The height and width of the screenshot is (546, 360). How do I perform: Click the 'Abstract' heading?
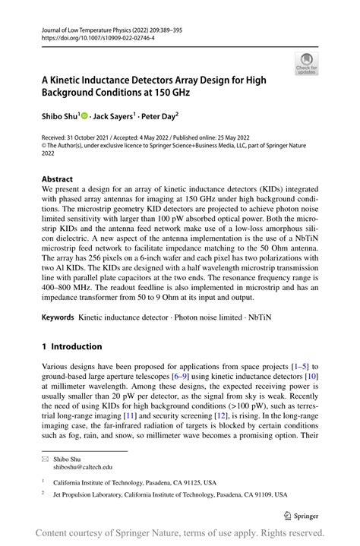tap(58, 180)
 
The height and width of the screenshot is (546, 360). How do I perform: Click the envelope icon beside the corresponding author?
tap(46, 459)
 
